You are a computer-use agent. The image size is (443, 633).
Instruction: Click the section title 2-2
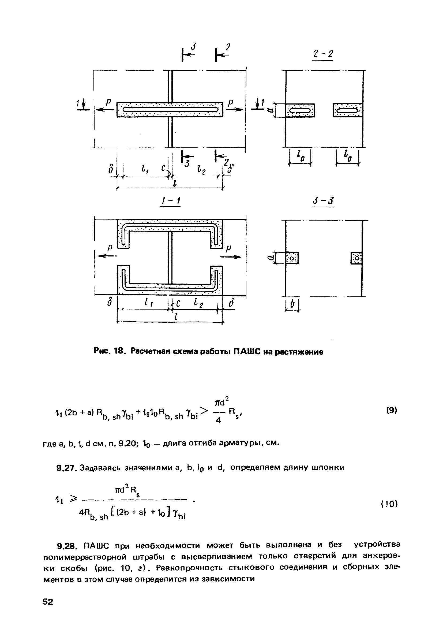pos(322,54)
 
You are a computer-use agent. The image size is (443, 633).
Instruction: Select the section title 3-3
pos(323,201)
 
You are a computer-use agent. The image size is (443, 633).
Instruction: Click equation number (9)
pos(391,411)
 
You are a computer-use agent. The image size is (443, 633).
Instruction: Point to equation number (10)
pos(389,504)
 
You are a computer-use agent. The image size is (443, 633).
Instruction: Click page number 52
pos(48,602)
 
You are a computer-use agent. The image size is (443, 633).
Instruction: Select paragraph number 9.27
pos(67,468)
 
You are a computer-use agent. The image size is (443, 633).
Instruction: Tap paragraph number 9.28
pos(68,545)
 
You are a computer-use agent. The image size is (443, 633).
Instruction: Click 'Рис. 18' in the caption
pos(110,352)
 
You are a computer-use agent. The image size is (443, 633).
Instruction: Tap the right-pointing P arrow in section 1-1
pos(231,257)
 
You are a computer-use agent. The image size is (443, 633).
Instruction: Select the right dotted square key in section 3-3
pos(356,258)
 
